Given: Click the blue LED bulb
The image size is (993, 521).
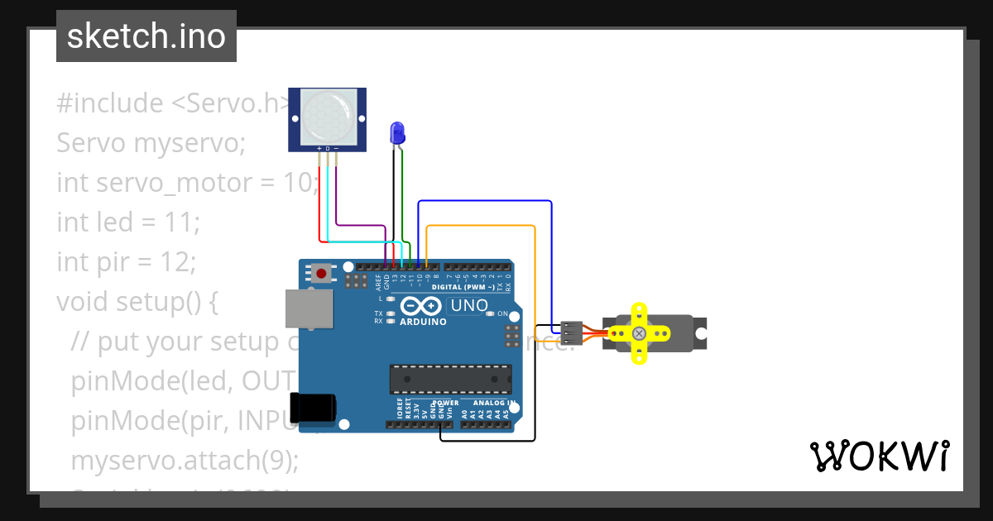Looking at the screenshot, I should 397,131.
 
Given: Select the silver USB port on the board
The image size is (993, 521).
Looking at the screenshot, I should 306,308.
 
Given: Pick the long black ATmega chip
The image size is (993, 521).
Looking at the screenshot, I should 450,379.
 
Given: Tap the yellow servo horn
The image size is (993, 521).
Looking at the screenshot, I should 639,333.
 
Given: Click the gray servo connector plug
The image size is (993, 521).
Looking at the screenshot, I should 571,332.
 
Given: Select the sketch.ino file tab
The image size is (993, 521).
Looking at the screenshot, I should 146,36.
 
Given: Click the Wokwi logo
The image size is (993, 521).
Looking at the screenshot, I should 879,456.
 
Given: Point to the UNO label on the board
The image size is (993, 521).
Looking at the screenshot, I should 468,305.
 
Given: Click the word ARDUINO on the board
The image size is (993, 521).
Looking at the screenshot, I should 423,322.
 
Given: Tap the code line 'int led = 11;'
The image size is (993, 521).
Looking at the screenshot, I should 128,222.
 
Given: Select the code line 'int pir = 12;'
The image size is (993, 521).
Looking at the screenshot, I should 126,261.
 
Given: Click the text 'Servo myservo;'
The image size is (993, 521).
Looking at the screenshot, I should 151,142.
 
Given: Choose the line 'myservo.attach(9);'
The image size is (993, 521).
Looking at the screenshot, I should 185,460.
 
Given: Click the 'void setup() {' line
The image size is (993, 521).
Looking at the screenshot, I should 137,301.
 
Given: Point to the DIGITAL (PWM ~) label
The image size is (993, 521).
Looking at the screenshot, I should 463,287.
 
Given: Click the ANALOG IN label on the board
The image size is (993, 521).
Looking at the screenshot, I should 494,404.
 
